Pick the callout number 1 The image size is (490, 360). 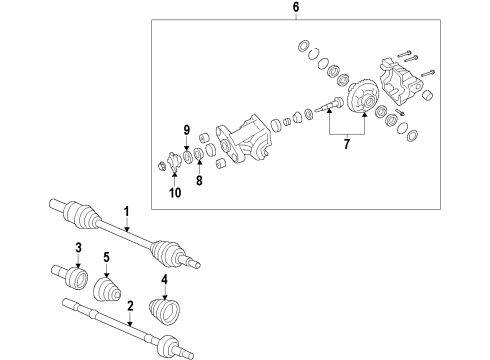point(127,211)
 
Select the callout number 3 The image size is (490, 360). point(77,248)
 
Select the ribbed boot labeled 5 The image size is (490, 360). point(108,291)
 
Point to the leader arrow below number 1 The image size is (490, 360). point(127,228)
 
